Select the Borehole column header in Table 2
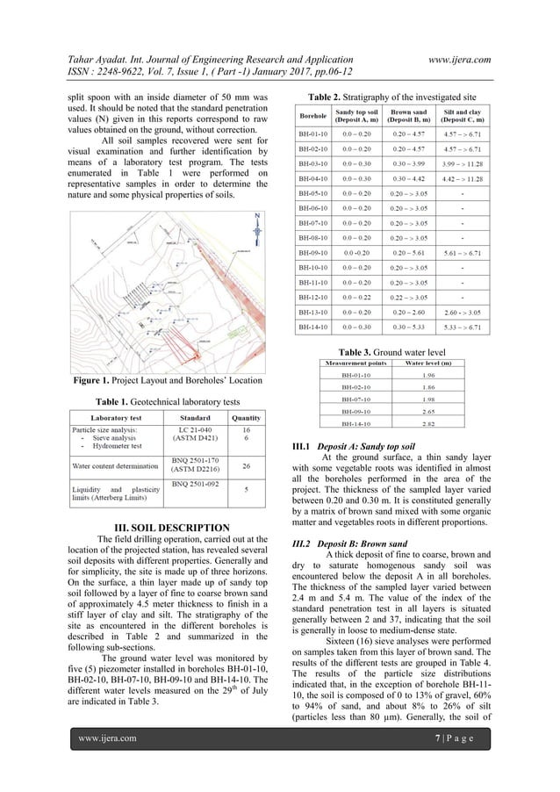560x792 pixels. [x=312, y=116]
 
